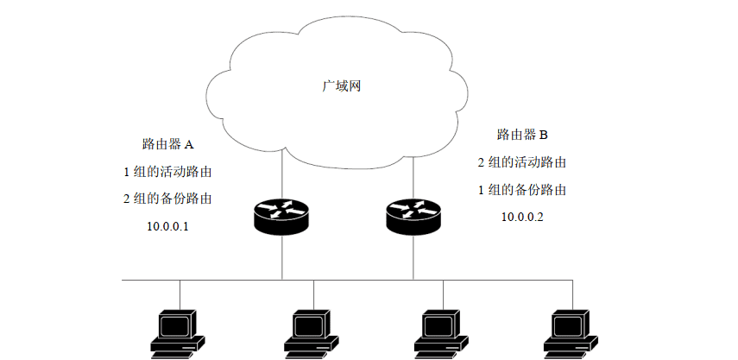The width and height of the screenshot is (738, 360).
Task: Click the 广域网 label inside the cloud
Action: tap(340, 86)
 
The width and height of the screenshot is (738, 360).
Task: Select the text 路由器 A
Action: tap(168, 143)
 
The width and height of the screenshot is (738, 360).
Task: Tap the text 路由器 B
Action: tap(522, 135)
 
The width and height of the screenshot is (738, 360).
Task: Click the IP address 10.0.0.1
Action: tap(168, 226)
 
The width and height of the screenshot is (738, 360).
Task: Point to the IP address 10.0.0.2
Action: tap(522, 217)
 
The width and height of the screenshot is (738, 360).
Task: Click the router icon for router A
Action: tap(281, 216)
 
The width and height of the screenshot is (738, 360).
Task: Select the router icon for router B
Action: tap(413, 216)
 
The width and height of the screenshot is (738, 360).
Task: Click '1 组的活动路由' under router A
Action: tap(168, 171)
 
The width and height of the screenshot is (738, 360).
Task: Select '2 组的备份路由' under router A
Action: tap(168, 199)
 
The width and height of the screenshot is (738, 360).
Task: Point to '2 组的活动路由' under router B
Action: tap(522, 162)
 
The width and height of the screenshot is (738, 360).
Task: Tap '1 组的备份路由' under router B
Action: tap(522, 189)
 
